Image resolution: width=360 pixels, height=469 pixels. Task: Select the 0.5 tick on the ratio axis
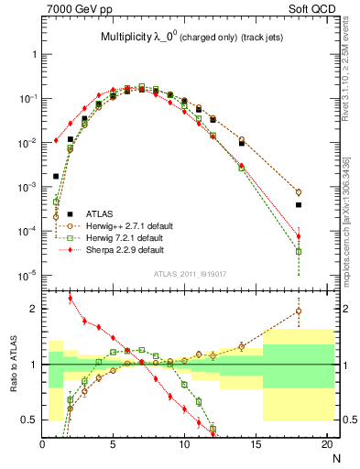(x=28, y=420)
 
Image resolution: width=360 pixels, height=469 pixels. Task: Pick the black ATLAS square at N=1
(x=56, y=176)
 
